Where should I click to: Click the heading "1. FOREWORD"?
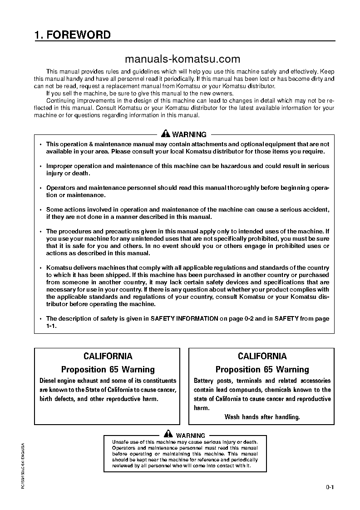pyautogui.click(x=72, y=35)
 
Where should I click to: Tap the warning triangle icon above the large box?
pyautogui.click(x=166, y=134)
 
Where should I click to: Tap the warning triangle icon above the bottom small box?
pyautogui.click(x=168, y=435)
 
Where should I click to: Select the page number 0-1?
pyautogui.click(x=330, y=488)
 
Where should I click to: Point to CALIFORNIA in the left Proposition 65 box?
pyautogui.click(x=108, y=356)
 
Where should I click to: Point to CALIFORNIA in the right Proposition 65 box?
pyautogui.click(x=262, y=356)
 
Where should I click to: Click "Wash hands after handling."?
pyautogui.click(x=262, y=417)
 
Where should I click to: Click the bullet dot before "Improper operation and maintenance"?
pyautogui.click(x=40, y=166)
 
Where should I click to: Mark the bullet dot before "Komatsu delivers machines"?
pyautogui.click(x=40, y=268)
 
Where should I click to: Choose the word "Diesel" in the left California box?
pyautogui.click(x=49, y=381)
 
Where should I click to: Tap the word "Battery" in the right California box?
pyautogui.click(x=204, y=381)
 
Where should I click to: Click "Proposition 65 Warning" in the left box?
pyautogui.click(x=108, y=369)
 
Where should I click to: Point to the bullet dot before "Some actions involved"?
pyautogui.click(x=40, y=210)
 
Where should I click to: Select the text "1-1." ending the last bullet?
pyautogui.click(x=51, y=326)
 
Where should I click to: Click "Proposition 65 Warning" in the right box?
pyautogui.click(x=262, y=369)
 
